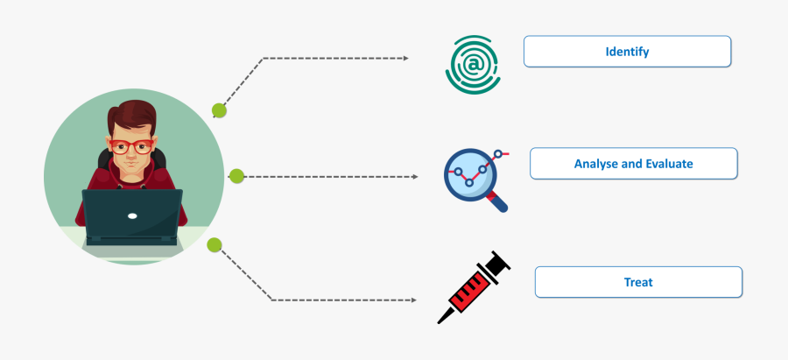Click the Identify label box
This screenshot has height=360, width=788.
[627, 52]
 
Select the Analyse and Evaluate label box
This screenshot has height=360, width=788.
[633, 164]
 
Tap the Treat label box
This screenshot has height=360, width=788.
[638, 282]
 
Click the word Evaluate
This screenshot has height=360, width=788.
[669, 164]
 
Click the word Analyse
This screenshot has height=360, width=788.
[595, 164]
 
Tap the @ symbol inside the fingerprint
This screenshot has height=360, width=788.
[474, 64]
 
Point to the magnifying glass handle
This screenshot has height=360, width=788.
[499, 204]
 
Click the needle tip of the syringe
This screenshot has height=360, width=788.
[440, 321]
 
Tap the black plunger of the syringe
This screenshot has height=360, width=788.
[497, 263]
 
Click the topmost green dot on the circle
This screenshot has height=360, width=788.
[219, 110]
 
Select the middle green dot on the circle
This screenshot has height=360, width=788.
[236, 176]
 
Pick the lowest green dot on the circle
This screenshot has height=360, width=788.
[214, 244]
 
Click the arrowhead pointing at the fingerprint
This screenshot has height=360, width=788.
[405, 58]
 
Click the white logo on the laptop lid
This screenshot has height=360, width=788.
[132, 215]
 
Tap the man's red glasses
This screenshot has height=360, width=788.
[130, 146]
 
